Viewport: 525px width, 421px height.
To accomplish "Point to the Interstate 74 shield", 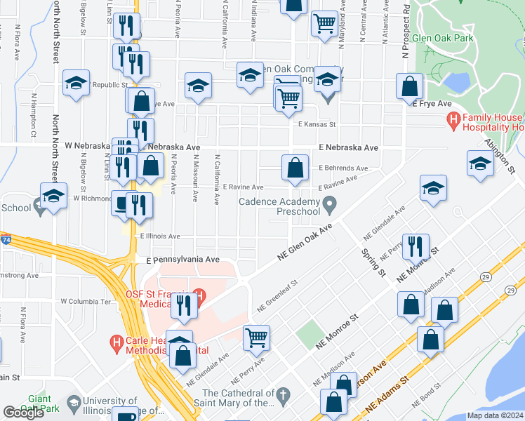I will pyautogui.click(x=5, y=241).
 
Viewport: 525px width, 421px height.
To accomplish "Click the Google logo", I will pyautogui.click(x=23, y=413).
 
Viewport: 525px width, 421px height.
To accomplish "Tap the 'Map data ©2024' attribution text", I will pyautogui.click(x=494, y=415).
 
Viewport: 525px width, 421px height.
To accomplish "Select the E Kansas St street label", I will pyautogui.click(x=317, y=124).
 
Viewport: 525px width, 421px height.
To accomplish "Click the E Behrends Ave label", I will pyautogui.click(x=343, y=168).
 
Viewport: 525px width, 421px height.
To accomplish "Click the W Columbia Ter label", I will pyautogui.click(x=86, y=301).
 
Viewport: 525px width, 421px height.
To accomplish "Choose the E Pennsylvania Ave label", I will pyautogui.click(x=182, y=260).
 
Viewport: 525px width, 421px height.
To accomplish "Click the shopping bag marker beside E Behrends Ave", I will pyautogui.click(x=295, y=168).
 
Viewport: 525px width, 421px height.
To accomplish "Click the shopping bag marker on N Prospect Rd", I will pyautogui.click(x=409, y=87).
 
